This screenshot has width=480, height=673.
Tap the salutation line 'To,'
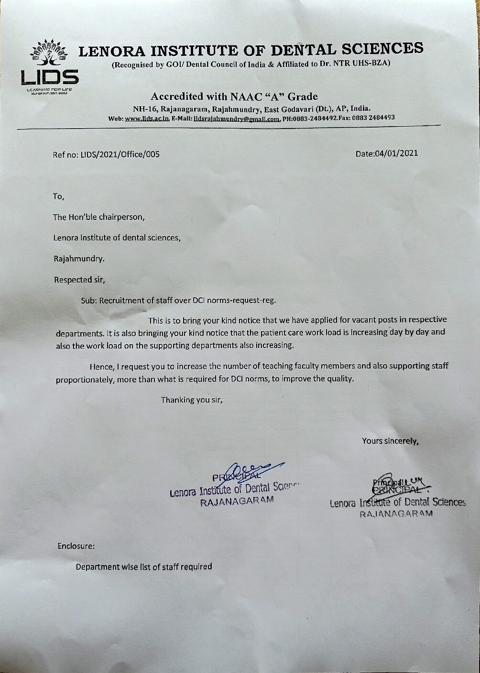(58, 196)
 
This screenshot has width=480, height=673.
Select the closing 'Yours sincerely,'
(390, 441)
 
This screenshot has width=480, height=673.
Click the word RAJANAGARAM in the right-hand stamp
(396, 514)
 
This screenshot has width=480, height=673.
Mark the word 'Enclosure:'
(76, 545)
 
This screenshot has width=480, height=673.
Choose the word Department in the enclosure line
(98, 567)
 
